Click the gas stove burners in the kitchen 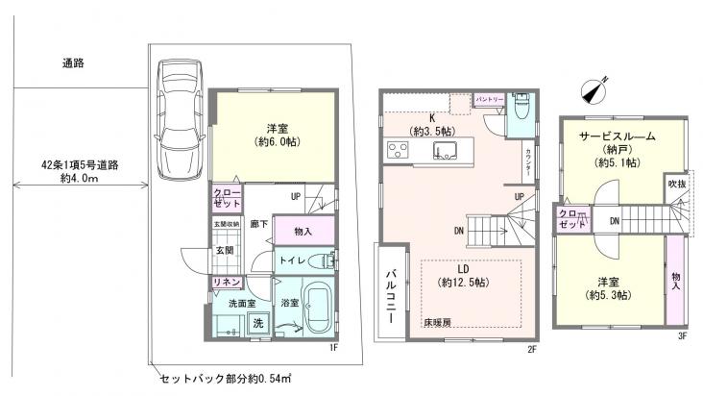(398, 150)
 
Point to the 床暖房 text (435, 323)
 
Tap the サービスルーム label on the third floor (617, 137)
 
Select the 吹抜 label (676, 183)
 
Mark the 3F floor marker (682, 335)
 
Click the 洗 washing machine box (256, 324)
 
